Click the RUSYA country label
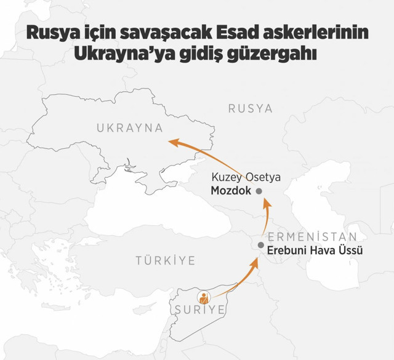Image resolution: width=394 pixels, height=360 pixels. [x=250, y=108]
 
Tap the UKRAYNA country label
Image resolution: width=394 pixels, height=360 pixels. [x=129, y=129]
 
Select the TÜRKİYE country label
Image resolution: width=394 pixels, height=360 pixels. [x=166, y=260]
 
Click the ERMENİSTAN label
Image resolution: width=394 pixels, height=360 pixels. [x=312, y=237]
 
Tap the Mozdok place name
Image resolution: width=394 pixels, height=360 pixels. [x=231, y=190]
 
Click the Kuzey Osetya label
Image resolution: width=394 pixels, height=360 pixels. [x=246, y=177]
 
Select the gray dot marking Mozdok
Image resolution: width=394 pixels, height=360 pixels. [x=259, y=191]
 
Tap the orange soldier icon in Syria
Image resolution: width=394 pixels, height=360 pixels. [x=202, y=298]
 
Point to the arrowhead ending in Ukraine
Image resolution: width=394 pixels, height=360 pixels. [x=174, y=142]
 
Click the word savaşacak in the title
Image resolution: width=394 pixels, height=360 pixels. [x=135, y=34]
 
